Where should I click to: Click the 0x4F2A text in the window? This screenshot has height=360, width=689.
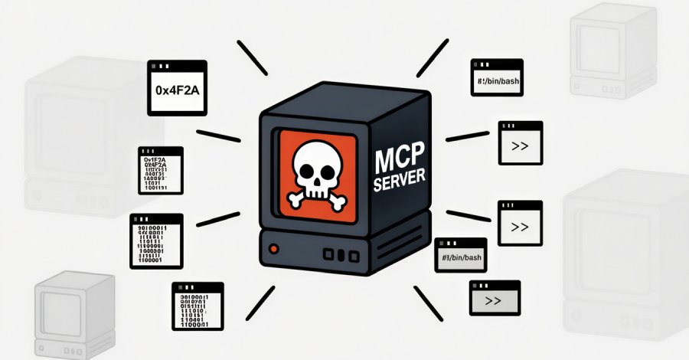tap(176, 90)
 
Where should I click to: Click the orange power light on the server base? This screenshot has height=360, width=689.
tap(273, 249)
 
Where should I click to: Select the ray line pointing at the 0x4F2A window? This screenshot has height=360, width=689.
tap(253, 57)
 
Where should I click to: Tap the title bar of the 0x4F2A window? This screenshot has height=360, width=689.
tap(176, 67)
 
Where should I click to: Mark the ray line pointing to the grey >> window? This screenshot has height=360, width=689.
tap(428, 299)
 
